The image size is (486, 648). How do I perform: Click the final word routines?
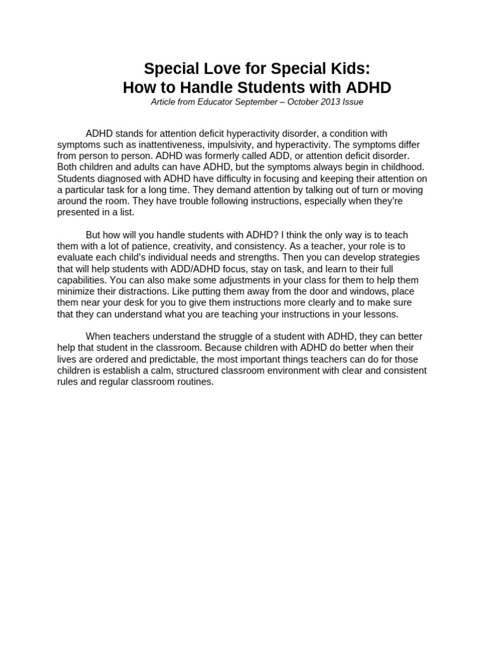click(191, 382)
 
